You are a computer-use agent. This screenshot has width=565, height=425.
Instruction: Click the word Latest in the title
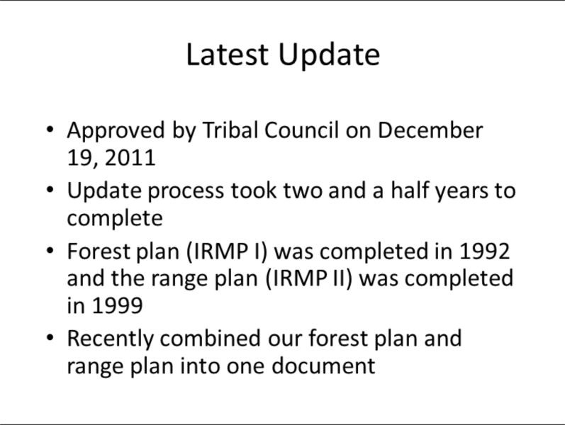coord(228,55)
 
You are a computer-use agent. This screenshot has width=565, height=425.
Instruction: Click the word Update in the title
coord(329,56)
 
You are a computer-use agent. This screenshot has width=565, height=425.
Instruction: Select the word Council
coord(301,130)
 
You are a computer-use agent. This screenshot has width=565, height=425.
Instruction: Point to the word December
coord(430,130)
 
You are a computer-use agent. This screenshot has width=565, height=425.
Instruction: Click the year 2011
coord(130,158)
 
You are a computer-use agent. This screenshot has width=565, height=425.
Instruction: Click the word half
coord(410,190)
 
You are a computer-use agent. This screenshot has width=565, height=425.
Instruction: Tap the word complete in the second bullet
coord(115,219)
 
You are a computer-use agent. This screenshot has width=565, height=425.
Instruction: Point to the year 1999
coord(118,305)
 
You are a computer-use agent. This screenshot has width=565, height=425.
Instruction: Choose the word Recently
coord(111,339)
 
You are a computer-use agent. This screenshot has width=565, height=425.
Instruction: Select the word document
coord(323,365)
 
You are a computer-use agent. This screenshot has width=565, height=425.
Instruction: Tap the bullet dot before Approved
coord(50,129)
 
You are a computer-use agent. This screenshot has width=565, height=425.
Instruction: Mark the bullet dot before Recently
coord(50,337)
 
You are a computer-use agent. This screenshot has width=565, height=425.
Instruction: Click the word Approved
coord(116,130)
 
